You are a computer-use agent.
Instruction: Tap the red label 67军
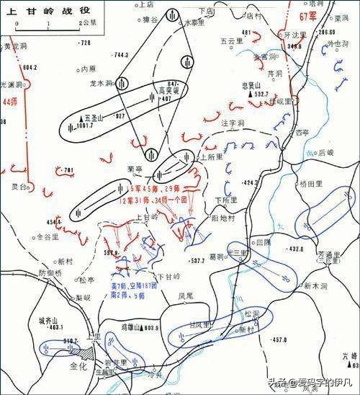tap(309, 15)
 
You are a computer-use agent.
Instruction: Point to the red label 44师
tap(9, 104)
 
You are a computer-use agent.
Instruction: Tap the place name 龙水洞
tap(100, 83)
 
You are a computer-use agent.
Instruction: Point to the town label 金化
tap(77, 365)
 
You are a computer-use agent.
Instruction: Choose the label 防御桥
tap(51, 272)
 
